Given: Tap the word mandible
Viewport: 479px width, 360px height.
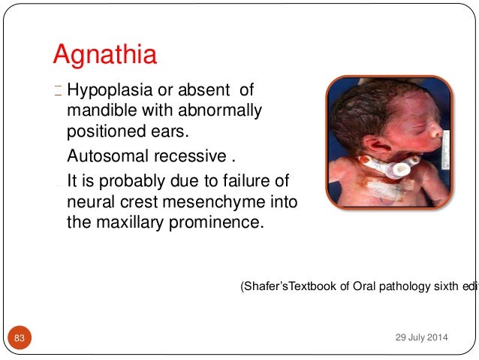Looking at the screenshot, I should (97, 111).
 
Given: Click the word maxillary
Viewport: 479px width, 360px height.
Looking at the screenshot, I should (129, 222).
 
